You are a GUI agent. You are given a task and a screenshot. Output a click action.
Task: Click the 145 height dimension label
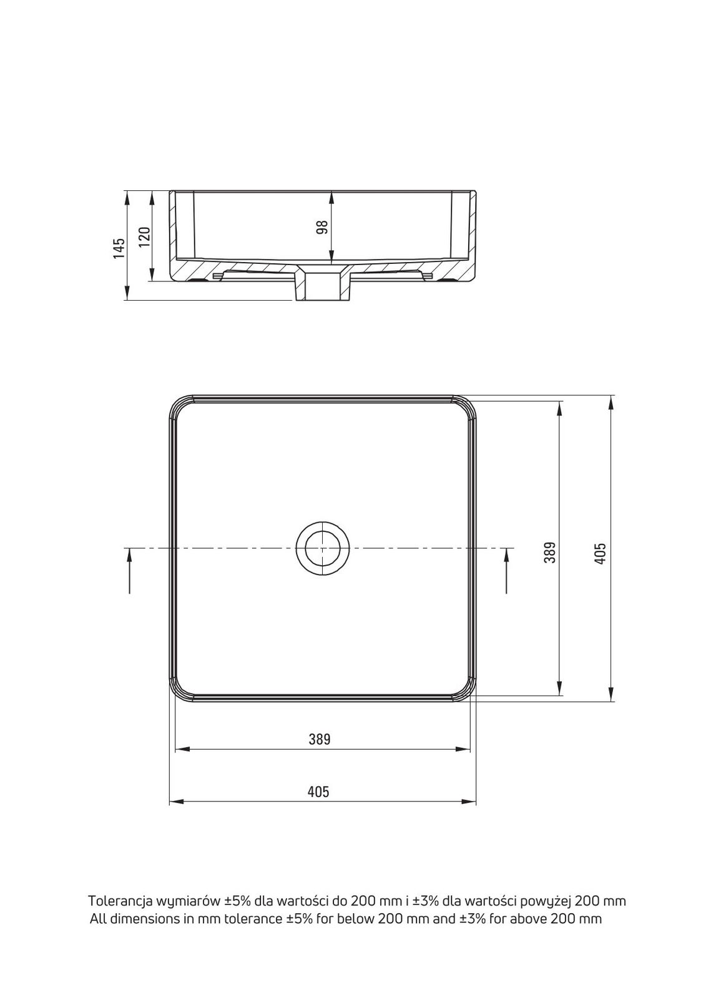(x=119, y=249)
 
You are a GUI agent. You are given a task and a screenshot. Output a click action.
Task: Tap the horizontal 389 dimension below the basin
(x=320, y=739)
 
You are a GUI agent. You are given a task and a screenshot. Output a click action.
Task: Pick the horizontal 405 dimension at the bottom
(x=318, y=792)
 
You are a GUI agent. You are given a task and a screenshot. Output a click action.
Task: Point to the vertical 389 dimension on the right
(x=550, y=553)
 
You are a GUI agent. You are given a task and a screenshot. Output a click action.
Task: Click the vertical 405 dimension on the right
(x=601, y=553)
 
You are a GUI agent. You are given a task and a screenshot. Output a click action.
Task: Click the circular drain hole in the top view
(x=323, y=548)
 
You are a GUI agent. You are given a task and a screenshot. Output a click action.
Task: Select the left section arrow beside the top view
(x=129, y=571)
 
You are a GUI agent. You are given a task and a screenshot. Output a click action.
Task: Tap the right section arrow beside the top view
(x=507, y=571)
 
